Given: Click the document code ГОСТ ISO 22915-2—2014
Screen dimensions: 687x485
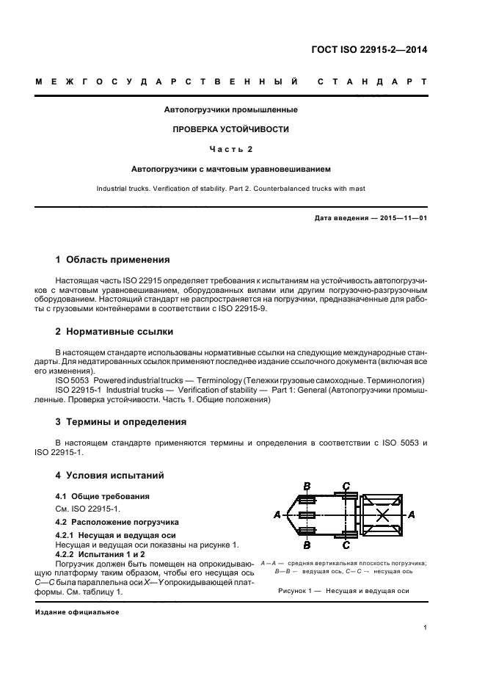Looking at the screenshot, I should pos(371,51).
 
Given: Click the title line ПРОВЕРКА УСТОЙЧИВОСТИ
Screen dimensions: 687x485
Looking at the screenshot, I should pos(230,129).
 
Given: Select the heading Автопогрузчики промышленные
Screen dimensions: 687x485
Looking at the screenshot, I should pos(230,110).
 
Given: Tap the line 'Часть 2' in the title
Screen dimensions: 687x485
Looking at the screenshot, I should pos(230,149).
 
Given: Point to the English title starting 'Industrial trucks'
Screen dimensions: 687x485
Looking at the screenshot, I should pos(230,189).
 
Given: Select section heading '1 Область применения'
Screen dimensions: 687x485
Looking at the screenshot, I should pos(113,260).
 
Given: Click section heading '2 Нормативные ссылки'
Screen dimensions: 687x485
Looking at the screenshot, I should pos(114,332).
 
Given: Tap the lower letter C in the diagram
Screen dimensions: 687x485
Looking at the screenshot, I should pos(346,545).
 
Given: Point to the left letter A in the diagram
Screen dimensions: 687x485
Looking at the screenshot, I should pos(277,515).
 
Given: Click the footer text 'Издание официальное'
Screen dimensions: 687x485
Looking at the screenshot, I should pos(77,611).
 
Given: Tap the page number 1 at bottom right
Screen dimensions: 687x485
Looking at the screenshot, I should pos(426,627).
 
